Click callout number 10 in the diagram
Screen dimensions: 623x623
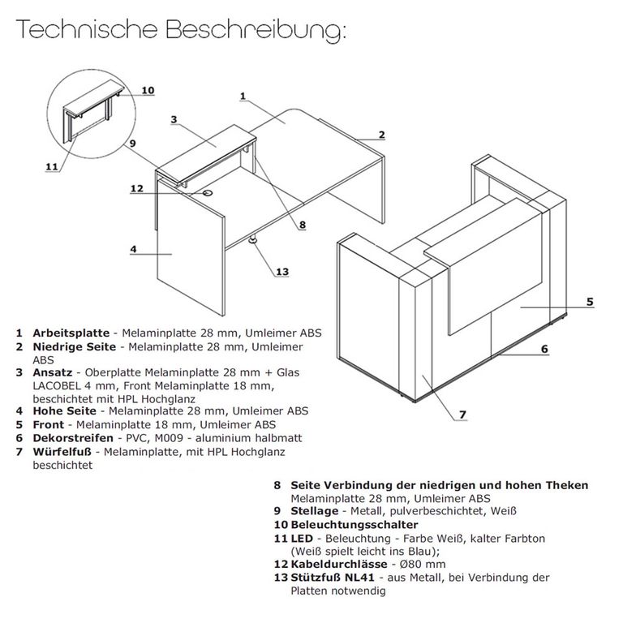(x=147, y=90)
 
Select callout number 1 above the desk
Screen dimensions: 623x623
(x=243, y=96)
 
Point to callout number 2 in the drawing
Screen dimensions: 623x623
(x=380, y=135)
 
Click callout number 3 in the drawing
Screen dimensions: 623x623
(x=174, y=119)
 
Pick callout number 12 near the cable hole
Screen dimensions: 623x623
(x=136, y=189)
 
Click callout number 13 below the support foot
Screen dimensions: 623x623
(x=281, y=272)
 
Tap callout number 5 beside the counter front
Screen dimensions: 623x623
(x=590, y=302)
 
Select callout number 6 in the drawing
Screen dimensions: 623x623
(x=545, y=349)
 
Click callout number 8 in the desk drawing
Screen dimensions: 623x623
(x=301, y=225)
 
